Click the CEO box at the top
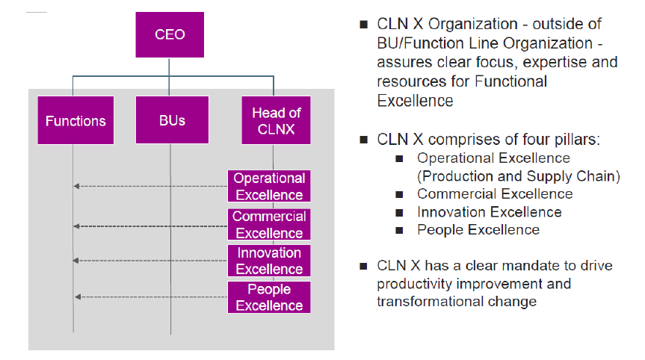[169, 34]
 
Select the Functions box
[75, 120]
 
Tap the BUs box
[171, 120]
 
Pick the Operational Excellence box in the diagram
[269, 187]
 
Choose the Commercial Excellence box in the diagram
[269, 225]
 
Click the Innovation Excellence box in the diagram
[269, 261]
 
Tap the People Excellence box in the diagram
[269, 297]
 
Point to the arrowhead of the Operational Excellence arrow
[76, 187]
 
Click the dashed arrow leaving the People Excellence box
[149, 297]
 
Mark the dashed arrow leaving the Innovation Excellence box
[149, 261]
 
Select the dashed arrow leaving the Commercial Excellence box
[149, 226]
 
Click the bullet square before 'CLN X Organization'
[364, 25]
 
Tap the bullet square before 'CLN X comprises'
[364, 140]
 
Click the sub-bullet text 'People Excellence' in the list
[478, 230]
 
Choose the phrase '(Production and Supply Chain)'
[519, 176]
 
